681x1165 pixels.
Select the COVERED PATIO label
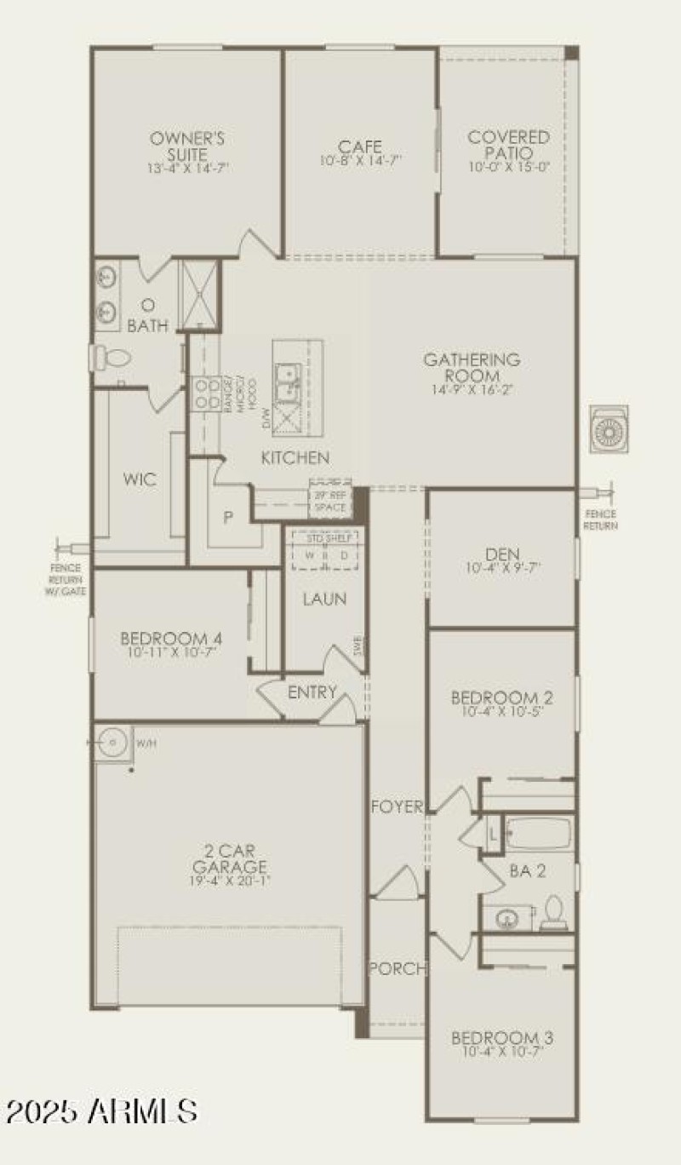click(508, 145)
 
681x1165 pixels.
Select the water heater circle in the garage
click(112, 743)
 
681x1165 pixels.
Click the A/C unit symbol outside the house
click(610, 429)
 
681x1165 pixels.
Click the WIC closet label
click(140, 479)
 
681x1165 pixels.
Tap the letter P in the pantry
click(228, 516)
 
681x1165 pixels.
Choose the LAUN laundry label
click(324, 600)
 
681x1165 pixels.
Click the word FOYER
click(397, 806)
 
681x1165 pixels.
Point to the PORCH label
click(397, 968)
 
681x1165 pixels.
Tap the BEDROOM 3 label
click(501, 1038)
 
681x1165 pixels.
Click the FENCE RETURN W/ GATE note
click(66, 579)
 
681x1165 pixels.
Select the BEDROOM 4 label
click(171, 638)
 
